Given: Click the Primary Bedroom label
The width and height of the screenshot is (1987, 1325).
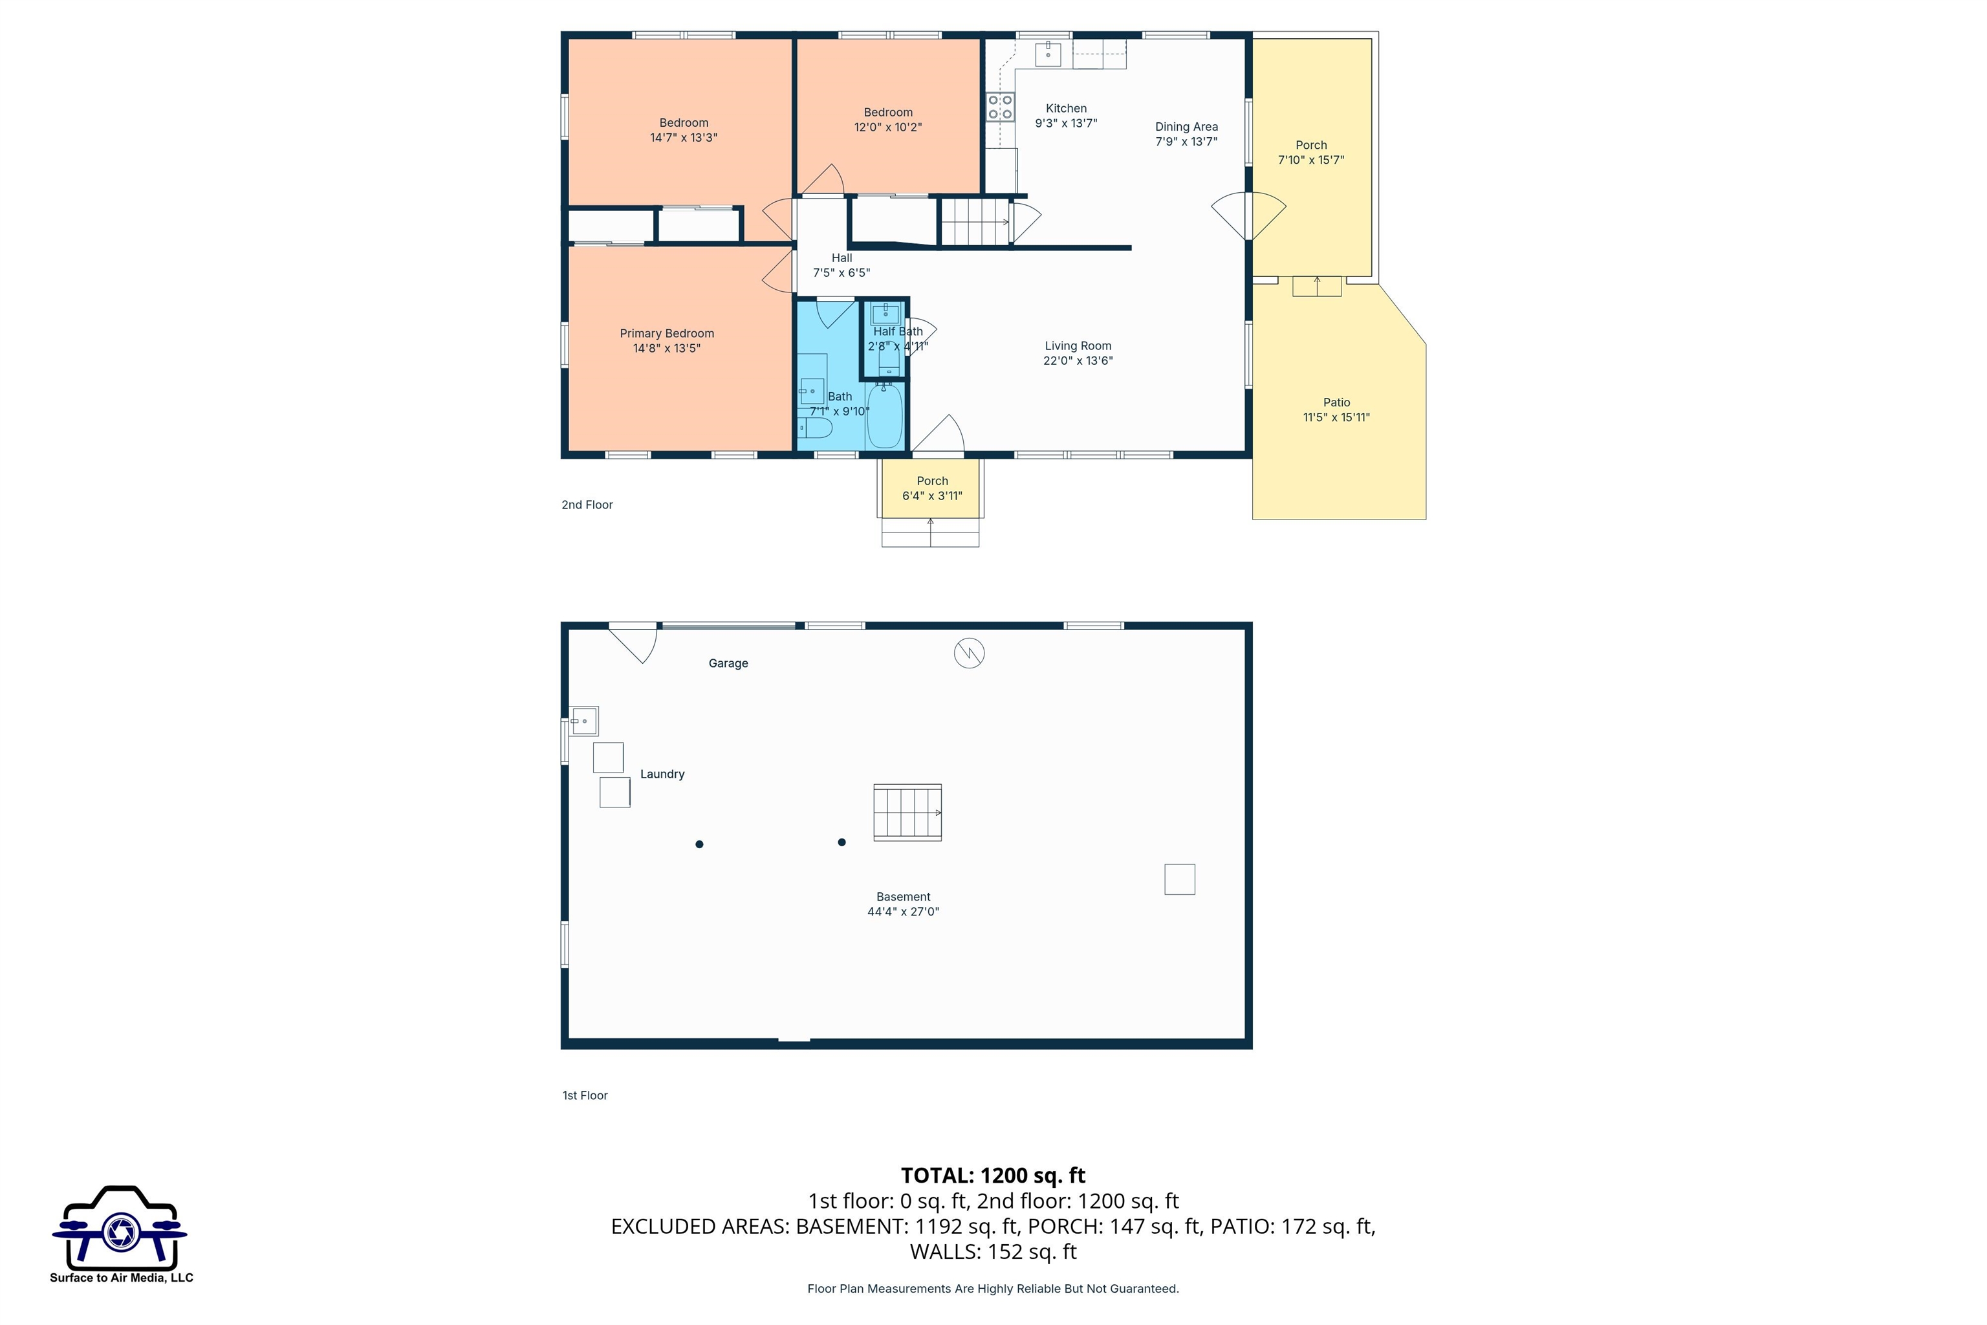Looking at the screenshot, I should [667, 334].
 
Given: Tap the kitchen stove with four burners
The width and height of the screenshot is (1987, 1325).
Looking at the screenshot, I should [1000, 107].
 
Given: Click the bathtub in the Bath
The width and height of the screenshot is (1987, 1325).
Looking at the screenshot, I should [885, 416].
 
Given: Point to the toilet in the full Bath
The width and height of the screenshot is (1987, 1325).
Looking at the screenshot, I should [814, 428].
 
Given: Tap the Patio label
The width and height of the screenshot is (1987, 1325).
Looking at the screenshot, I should [1336, 402].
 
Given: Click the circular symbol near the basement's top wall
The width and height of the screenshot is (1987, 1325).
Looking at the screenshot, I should [969, 653].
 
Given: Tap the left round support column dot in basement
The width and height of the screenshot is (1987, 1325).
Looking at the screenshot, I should [699, 844].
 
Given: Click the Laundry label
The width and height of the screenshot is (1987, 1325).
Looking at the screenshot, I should [662, 774].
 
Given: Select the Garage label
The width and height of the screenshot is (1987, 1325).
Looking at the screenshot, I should [728, 663].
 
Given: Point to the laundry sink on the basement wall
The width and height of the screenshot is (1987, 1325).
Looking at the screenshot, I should [583, 721].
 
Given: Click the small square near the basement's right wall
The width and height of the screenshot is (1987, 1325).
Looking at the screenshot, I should [1179, 879].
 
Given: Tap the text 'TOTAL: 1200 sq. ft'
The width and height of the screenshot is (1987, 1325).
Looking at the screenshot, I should [993, 1176].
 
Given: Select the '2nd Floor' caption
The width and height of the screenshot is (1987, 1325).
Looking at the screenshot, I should [587, 505].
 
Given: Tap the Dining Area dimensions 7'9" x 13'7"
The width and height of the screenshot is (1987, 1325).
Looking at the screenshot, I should [1186, 142].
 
